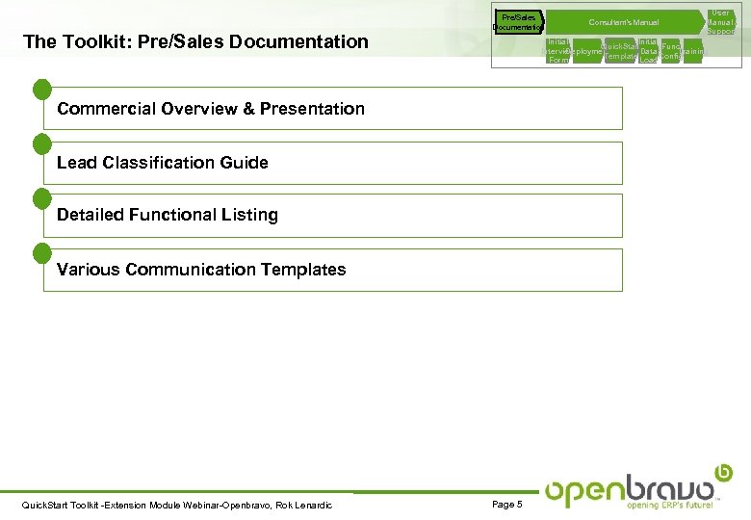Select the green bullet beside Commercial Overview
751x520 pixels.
pyautogui.click(x=41, y=91)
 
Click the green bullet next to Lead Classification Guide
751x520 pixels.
pyautogui.click(x=41, y=144)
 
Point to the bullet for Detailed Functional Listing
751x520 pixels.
pyautogui.click(x=41, y=198)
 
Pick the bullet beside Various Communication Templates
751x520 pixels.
pyautogui.click(x=41, y=252)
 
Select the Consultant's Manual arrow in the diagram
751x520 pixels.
pyautogui.click(x=624, y=22)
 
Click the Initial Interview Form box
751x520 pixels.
pyautogui.click(x=557, y=51)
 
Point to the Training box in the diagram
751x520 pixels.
pyautogui.click(x=694, y=51)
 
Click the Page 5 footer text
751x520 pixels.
pyautogui.click(x=506, y=505)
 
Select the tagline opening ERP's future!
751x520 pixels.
pyautogui.click(x=670, y=505)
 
